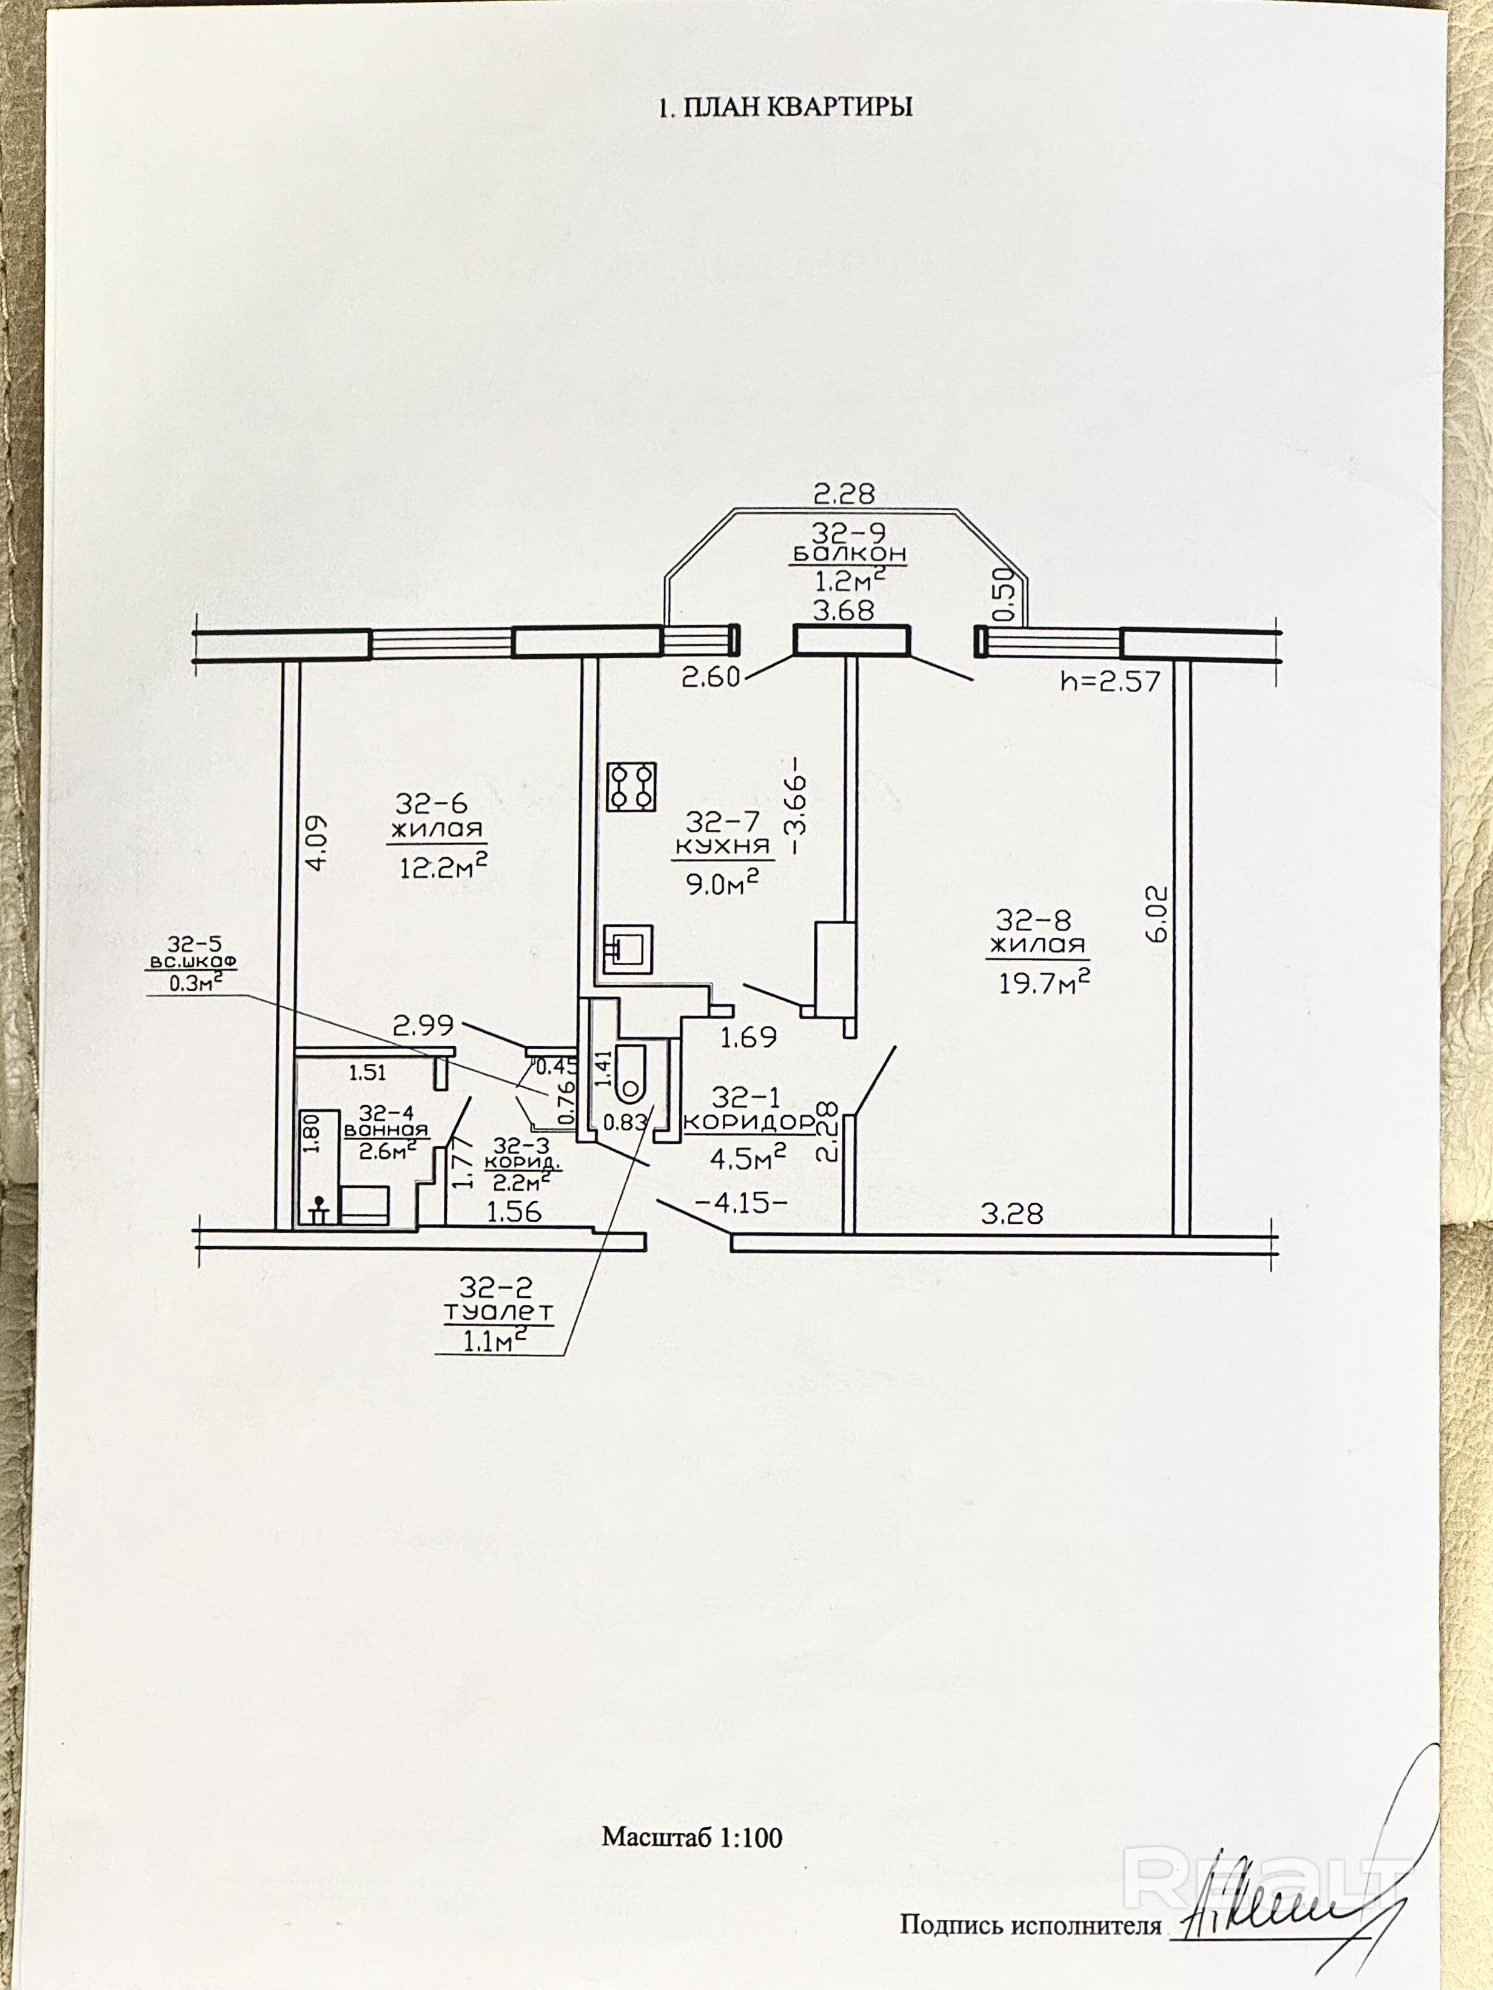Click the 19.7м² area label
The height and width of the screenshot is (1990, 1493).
pos(1044,981)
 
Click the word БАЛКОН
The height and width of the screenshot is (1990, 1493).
pos(848,553)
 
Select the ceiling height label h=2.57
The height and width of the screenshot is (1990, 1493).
pos(1110,682)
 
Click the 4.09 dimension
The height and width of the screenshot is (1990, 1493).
pos(318,842)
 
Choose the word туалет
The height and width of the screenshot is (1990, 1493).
pos(498,1312)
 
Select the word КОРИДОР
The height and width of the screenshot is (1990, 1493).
pos(749,1123)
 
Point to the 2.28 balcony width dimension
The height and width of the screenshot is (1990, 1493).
pos(844,494)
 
